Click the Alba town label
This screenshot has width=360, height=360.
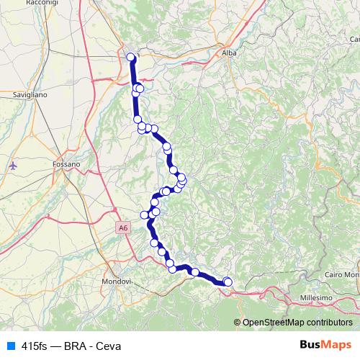(x=230, y=53)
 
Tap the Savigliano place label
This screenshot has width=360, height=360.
(x=30, y=94)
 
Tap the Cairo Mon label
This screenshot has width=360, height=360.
(x=341, y=274)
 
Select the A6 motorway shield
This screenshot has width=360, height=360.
(x=123, y=228)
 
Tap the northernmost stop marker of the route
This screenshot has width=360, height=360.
(x=131, y=57)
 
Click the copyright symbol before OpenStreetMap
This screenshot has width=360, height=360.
(x=238, y=323)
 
